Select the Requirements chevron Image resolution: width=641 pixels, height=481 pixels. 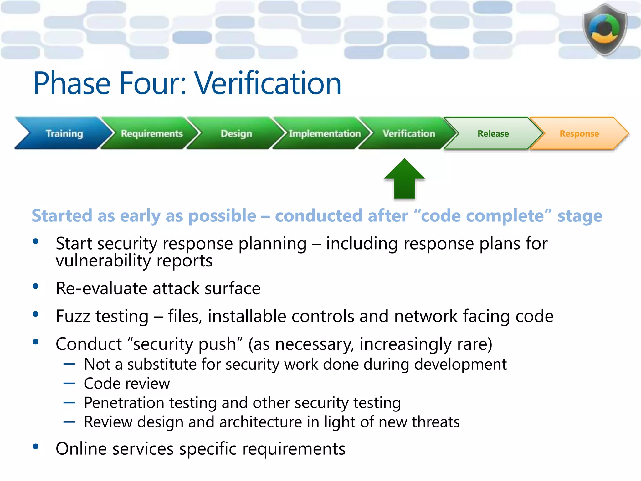pos(152,133)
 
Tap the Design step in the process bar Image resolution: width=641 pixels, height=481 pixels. pos(236,133)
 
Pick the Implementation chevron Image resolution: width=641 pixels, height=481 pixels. pos(325,133)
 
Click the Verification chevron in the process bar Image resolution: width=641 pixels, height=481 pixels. pos(409,133)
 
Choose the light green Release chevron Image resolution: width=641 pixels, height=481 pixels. pos(493,133)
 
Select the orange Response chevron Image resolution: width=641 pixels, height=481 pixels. pos(579,133)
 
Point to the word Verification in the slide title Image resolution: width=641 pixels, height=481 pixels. pos(268,83)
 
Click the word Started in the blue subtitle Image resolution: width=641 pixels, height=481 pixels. pos(62,216)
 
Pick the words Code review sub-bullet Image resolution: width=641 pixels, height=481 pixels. pos(127,384)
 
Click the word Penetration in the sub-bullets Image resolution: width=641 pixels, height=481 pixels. pos(124,403)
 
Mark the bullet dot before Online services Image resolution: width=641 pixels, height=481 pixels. pos(36,447)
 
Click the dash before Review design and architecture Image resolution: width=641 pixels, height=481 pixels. pos(69,422)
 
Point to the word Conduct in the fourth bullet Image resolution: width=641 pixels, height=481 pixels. pos(89,344)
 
